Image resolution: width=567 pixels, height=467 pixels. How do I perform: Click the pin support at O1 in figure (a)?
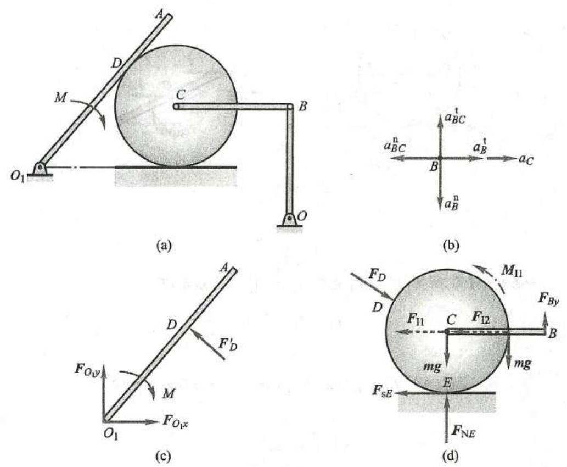point(40,171)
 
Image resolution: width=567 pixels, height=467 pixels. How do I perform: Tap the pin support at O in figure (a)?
point(289,221)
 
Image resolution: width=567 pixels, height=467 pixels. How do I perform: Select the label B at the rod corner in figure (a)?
point(303,107)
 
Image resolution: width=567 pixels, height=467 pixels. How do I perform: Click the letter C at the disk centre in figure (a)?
point(181,95)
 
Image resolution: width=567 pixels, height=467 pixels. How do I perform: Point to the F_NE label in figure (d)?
point(463,431)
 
